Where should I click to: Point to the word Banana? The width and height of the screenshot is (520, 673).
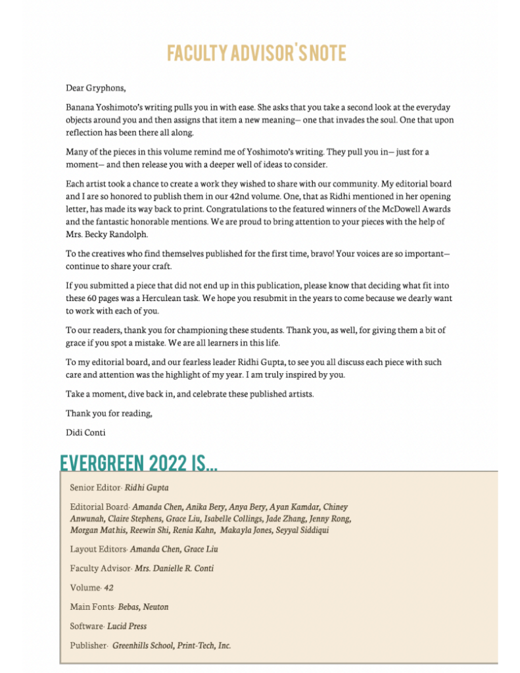[x=80, y=106]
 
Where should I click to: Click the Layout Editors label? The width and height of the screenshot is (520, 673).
[x=97, y=549]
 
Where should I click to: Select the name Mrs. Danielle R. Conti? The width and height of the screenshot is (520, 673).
[x=174, y=569]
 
